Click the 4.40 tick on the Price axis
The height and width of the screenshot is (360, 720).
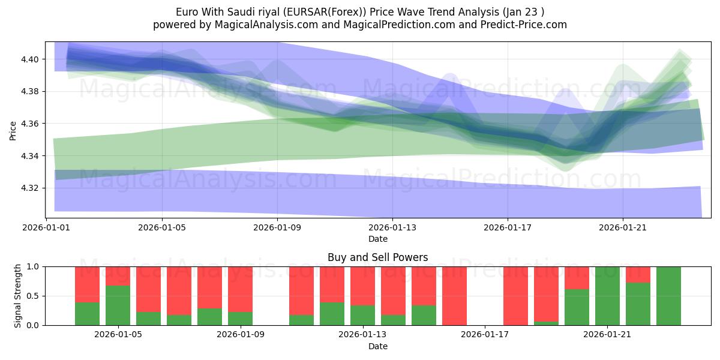click(30, 59)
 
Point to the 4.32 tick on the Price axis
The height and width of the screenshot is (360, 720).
click(30, 188)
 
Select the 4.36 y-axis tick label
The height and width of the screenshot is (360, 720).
click(30, 124)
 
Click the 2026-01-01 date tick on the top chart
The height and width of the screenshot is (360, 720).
click(46, 227)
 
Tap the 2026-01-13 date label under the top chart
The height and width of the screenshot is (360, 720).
click(392, 227)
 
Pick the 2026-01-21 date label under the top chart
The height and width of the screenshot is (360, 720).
click(622, 227)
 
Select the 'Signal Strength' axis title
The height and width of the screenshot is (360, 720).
click(18, 295)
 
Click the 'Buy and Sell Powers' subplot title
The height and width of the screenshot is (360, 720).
click(377, 257)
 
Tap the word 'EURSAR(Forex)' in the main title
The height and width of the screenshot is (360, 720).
click(308, 12)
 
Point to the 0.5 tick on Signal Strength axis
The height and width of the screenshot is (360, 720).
click(34, 296)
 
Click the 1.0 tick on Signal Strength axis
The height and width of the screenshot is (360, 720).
click(34, 266)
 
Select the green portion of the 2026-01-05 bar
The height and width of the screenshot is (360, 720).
click(118, 305)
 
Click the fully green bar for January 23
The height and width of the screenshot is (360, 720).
click(668, 296)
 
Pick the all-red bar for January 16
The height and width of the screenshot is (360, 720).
click(454, 296)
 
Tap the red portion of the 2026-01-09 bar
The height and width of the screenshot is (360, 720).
click(240, 289)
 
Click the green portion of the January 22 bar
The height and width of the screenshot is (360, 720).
click(638, 304)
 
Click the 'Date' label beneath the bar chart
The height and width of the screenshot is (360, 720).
click(377, 346)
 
